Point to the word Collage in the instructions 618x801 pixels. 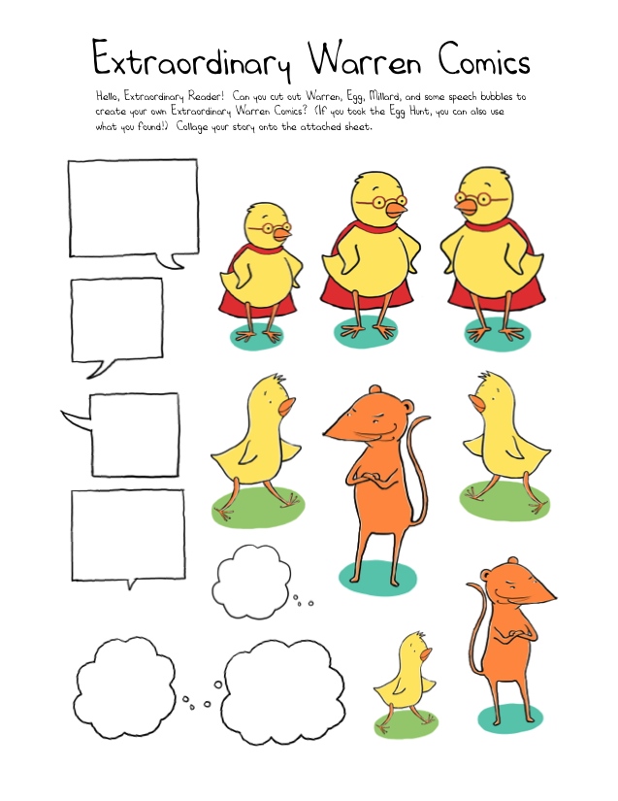point(192,126)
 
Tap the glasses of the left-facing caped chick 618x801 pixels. point(481,199)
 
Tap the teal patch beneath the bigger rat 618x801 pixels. point(377,579)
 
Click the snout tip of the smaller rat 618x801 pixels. point(554,597)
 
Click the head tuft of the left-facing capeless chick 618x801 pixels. point(488,378)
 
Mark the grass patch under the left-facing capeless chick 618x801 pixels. point(505,501)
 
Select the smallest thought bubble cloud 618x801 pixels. point(251,582)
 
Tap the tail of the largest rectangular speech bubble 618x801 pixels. point(171,260)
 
